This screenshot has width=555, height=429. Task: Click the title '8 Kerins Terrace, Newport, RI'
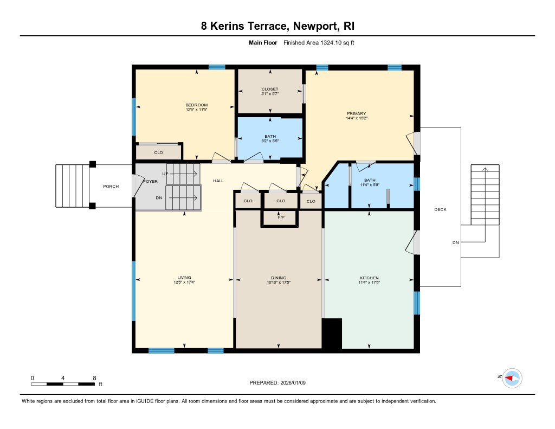click(x=277, y=26)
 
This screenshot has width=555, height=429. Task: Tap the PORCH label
click(x=111, y=187)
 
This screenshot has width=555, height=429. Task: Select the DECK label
click(x=440, y=209)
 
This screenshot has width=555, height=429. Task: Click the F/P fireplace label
click(x=281, y=217)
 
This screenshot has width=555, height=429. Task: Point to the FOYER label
click(x=150, y=181)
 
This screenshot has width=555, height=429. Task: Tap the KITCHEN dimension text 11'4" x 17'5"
click(x=369, y=283)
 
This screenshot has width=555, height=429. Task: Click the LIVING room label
click(x=184, y=278)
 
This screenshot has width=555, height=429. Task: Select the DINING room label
click(x=279, y=278)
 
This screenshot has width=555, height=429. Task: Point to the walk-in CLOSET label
click(x=269, y=89)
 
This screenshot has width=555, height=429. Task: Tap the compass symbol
click(x=511, y=377)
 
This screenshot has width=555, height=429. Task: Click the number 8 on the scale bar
click(x=94, y=377)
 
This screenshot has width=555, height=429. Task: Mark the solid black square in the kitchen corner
click(x=332, y=333)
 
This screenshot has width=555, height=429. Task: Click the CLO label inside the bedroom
click(x=158, y=152)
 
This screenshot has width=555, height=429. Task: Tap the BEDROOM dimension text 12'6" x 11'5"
click(x=196, y=110)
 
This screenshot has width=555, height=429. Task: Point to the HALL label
click(x=218, y=181)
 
